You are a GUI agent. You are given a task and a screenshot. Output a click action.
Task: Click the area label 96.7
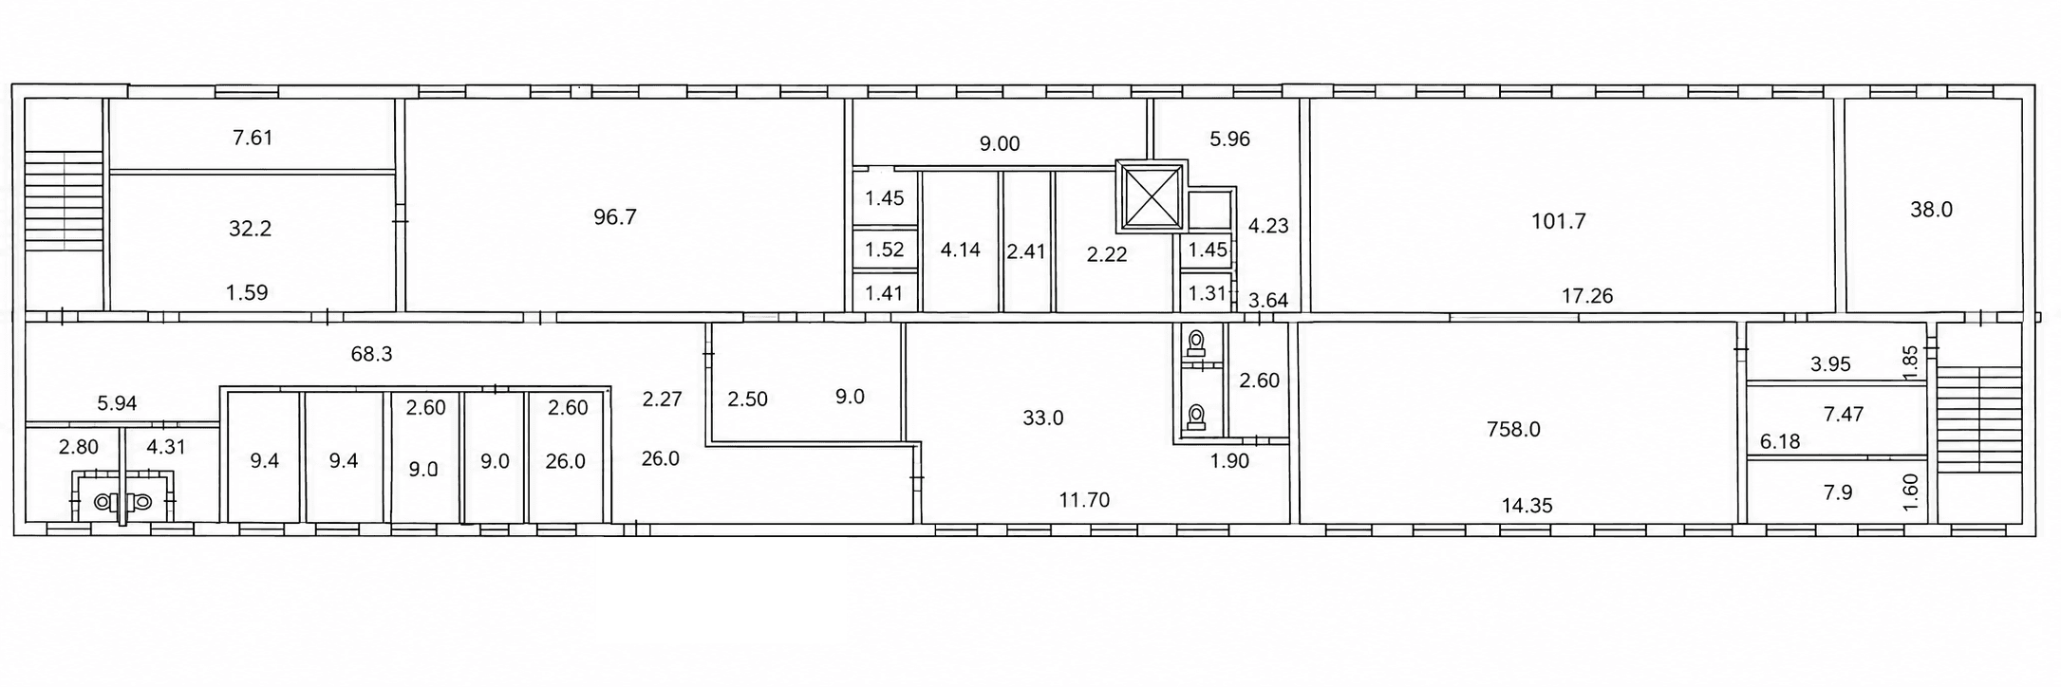(x=615, y=217)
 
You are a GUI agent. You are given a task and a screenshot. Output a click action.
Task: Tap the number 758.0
(x=1513, y=430)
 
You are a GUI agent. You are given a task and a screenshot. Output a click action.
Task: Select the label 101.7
(x=1559, y=222)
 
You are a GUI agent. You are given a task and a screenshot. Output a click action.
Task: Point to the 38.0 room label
(x=1931, y=210)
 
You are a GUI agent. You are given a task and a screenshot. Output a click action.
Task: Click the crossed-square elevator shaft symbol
(x=1151, y=197)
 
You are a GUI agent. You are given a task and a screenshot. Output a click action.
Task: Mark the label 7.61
(x=253, y=138)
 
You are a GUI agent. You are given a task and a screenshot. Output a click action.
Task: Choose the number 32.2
(x=251, y=229)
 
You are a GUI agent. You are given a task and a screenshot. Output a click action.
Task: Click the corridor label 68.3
(x=371, y=355)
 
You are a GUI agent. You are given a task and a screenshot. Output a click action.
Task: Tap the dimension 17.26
(x=1587, y=296)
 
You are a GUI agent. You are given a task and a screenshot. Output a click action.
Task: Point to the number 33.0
(x=1042, y=418)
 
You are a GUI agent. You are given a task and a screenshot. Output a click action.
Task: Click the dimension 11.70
(x=1084, y=500)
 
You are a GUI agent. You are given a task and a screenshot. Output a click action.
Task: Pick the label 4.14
(x=960, y=251)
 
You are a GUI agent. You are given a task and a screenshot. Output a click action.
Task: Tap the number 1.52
(x=884, y=251)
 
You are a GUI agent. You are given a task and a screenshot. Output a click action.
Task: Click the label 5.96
(x=1229, y=139)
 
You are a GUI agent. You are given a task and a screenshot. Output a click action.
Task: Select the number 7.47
(x=1844, y=415)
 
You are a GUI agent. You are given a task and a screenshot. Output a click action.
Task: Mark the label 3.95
(x=1830, y=364)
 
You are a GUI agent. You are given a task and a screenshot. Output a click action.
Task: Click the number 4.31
(x=166, y=447)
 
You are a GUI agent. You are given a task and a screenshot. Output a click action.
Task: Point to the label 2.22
(x=1107, y=254)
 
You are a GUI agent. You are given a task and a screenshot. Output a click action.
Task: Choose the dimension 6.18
(x=1779, y=442)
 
